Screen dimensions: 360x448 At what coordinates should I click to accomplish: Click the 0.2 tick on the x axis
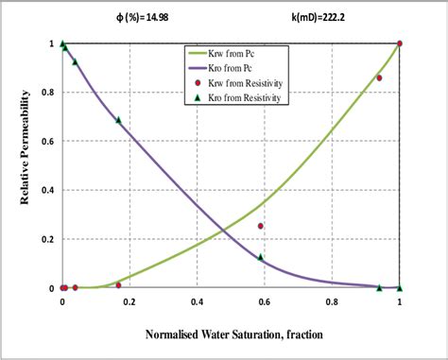coord(129,302)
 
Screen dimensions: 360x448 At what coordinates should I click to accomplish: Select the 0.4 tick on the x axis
coord(197,302)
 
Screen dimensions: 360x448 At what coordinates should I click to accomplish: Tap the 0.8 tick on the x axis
coord(332,302)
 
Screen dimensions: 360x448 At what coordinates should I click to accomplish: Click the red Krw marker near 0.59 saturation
coord(261,226)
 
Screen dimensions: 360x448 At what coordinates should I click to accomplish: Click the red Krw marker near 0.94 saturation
coord(379,77)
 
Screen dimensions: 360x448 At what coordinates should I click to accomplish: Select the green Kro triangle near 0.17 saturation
coord(119,120)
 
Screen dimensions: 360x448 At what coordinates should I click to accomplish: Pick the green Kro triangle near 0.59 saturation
coord(261,256)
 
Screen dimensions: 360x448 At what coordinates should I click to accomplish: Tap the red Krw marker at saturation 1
coord(400,43)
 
